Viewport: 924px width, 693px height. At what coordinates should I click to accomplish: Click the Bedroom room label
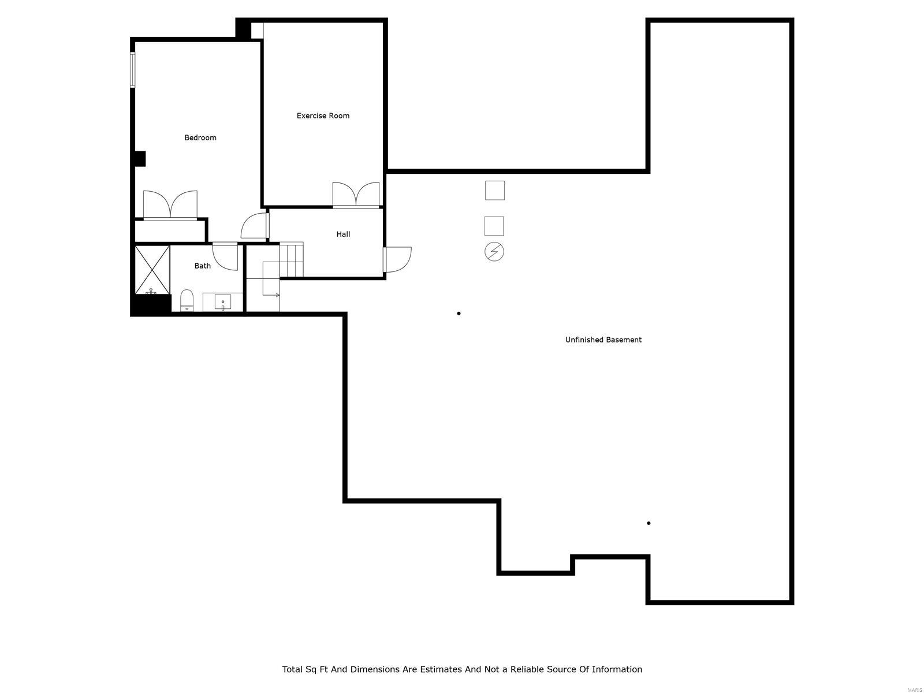[x=200, y=137]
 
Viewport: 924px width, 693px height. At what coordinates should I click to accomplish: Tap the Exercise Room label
[x=323, y=115]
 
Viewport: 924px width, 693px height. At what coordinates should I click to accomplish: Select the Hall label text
[x=343, y=234]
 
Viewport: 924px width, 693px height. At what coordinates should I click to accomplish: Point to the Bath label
[x=202, y=266]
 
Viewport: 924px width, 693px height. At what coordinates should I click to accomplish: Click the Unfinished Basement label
[x=603, y=340]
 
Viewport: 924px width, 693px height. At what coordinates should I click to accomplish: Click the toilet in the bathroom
[x=187, y=300]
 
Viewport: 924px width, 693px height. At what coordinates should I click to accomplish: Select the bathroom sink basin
[x=223, y=302]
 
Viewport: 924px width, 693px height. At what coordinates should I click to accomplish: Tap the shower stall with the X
[x=152, y=269]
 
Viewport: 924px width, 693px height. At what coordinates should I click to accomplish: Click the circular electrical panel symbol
[x=494, y=252]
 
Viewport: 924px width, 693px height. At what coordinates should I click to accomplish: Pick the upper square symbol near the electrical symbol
[x=495, y=190]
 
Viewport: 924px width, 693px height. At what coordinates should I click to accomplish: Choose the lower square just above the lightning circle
[x=494, y=226]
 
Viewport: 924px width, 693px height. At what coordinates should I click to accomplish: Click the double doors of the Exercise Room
[x=356, y=195]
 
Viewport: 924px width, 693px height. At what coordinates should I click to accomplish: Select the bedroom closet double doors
[x=170, y=205]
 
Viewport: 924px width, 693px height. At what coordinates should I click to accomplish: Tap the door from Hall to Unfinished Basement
[x=397, y=259]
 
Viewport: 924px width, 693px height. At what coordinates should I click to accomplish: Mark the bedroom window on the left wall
[x=132, y=70]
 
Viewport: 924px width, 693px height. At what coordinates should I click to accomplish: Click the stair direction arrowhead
[x=278, y=295]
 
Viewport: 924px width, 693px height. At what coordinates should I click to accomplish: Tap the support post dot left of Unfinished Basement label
[x=459, y=314]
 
